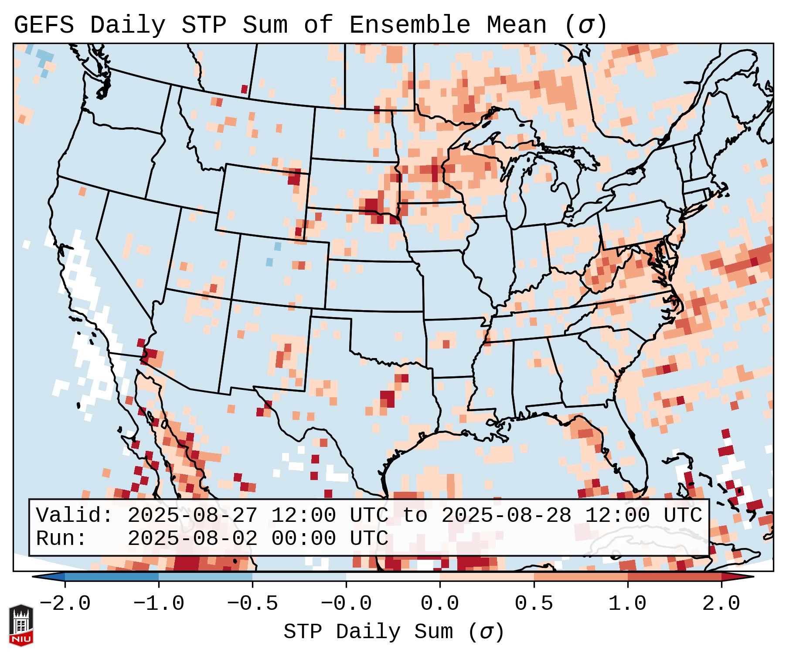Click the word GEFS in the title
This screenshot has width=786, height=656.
click(x=44, y=25)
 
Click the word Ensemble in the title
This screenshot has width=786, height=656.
click(x=409, y=25)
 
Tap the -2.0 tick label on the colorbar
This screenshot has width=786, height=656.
click(x=65, y=604)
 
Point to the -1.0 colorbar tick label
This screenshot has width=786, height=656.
click(x=159, y=604)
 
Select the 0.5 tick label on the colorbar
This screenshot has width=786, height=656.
click(x=534, y=604)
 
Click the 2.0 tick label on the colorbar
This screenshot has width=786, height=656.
click(x=721, y=604)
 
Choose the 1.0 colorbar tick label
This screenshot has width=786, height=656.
click(x=627, y=604)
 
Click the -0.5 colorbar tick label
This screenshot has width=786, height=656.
click(x=252, y=604)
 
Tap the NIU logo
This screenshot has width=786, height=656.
click(x=21, y=625)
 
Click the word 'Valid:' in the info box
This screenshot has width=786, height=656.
click(x=75, y=516)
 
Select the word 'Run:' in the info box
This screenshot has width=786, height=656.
click(x=61, y=539)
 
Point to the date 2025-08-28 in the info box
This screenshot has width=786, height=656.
click(x=506, y=516)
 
